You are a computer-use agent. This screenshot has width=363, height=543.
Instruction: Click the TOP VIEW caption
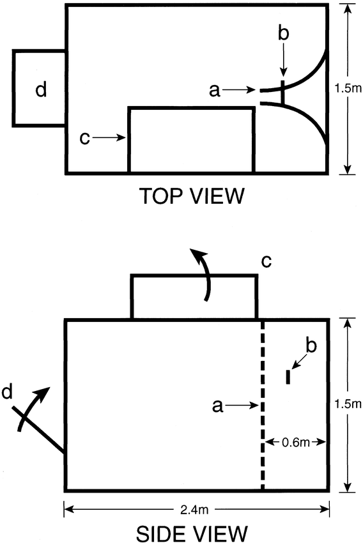tap(192, 195)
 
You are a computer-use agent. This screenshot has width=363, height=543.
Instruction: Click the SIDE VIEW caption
tap(192, 533)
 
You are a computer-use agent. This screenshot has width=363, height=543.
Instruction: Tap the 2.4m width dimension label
tap(194, 509)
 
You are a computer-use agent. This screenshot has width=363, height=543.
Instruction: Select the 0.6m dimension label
tap(296, 442)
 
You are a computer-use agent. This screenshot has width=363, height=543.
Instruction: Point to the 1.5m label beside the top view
tap(348, 88)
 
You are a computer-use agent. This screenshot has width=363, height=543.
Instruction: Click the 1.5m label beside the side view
tap(348, 404)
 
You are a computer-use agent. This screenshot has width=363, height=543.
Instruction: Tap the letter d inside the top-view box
tap(41, 89)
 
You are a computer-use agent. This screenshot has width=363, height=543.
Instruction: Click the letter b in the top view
tap(283, 34)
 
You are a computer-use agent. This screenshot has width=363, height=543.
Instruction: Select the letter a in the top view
tap(215, 91)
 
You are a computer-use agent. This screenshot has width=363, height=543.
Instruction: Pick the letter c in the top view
tap(84, 138)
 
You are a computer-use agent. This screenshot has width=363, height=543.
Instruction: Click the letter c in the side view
tap(266, 261)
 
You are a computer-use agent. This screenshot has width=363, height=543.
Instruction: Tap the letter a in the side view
tap(217, 406)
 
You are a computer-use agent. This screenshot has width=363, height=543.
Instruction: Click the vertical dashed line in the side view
tap(263, 404)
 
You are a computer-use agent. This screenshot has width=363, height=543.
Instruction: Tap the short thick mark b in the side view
tap(288, 377)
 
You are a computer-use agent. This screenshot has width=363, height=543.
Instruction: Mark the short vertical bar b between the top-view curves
tap(283, 93)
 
